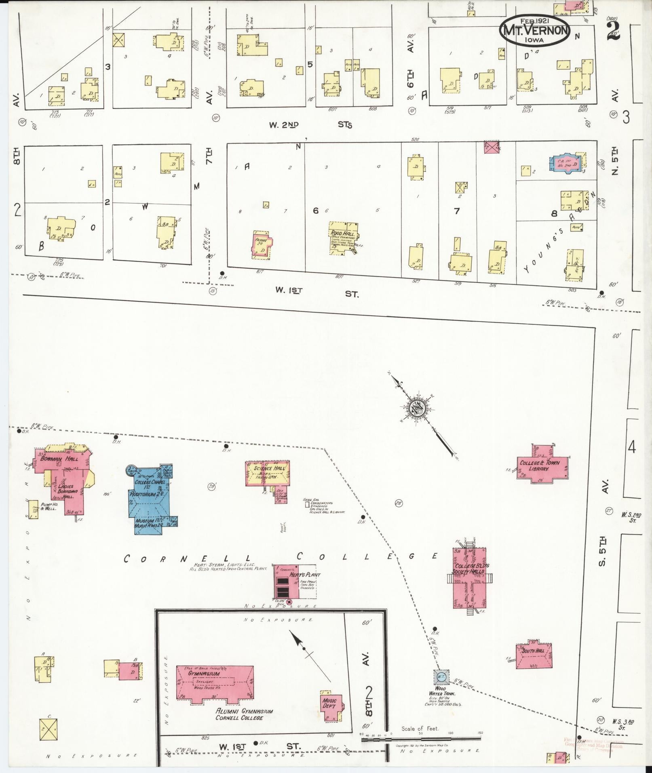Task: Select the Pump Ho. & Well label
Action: coord(47,507)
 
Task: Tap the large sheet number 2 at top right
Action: coord(613,30)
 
